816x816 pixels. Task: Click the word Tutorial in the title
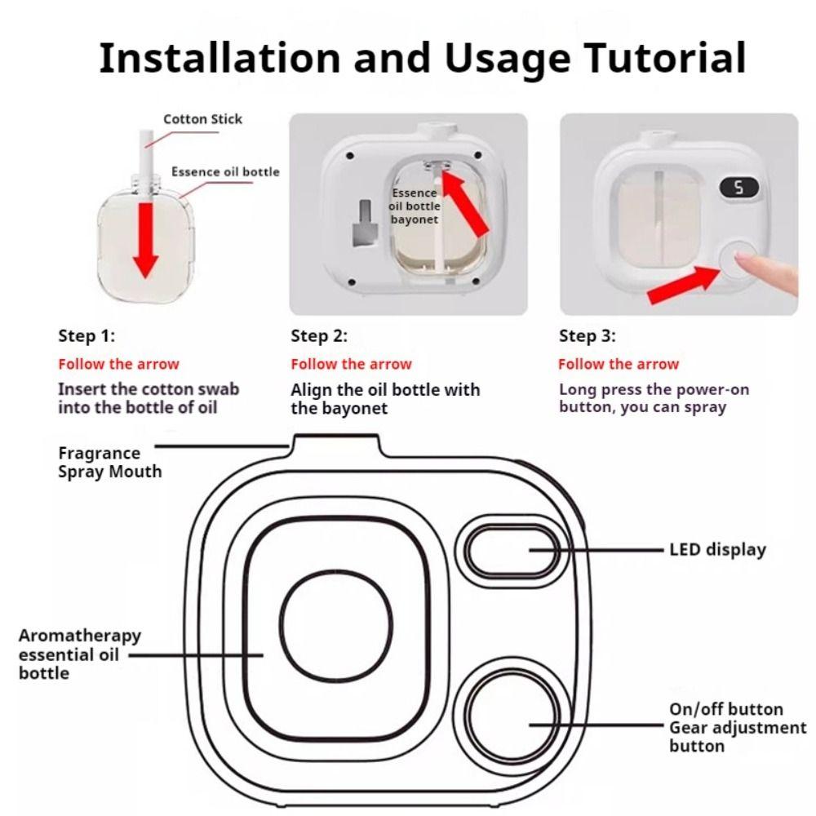pos(666,57)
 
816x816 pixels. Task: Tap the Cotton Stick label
pos(202,119)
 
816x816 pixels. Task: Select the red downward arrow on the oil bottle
pos(146,240)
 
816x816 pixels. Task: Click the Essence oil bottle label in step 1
pos(225,171)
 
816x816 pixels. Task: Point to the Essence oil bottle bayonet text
pos(415,206)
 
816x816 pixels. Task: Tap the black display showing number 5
pos(739,188)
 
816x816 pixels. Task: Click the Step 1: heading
pos(86,335)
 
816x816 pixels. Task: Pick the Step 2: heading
pos(319,335)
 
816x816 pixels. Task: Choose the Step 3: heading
pos(587,335)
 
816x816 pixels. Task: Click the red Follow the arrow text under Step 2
pos(351,364)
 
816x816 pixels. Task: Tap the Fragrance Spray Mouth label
pos(110,462)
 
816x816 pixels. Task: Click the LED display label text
pos(717,549)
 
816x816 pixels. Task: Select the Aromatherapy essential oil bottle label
pos(80,654)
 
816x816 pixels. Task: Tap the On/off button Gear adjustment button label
pos(738,727)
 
